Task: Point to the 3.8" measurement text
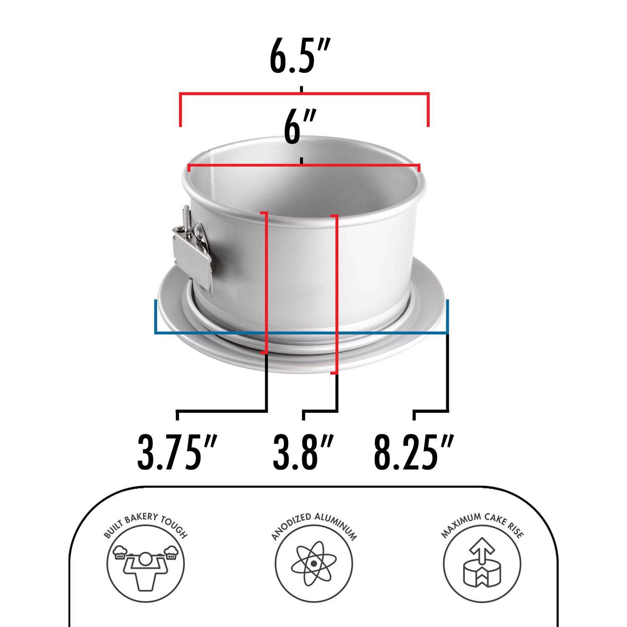(303, 452)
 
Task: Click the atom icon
(313, 563)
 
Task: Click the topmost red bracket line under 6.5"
(304, 93)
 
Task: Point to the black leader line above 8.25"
(448, 376)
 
